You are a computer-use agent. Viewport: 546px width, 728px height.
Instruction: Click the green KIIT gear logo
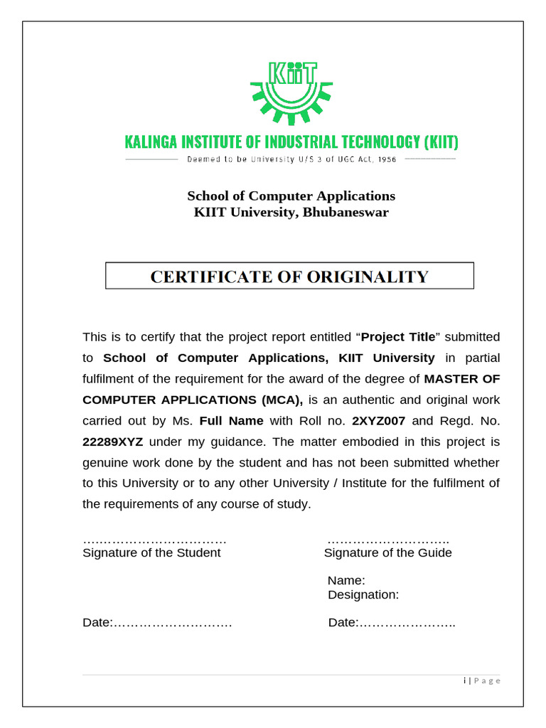(x=290, y=91)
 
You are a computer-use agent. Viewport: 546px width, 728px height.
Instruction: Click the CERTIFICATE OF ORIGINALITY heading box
(x=289, y=276)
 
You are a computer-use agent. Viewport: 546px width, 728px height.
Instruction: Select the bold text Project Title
(x=398, y=336)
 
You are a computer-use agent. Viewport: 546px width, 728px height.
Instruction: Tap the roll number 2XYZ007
(x=378, y=420)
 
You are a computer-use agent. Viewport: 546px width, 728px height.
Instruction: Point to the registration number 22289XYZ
(x=113, y=441)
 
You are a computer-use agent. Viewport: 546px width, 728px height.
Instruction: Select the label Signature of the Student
(x=151, y=552)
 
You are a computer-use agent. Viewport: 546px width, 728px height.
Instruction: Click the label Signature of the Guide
(x=387, y=552)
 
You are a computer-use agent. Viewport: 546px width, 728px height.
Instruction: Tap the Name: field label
(x=346, y=580)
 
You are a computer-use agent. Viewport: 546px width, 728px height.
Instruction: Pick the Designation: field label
(x=363, y=594)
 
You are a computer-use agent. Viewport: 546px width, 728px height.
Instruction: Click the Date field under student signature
(x=157, y=623)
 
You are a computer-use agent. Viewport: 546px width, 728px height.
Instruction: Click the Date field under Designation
(x=391, y=623)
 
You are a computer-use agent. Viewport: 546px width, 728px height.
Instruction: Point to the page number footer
(x=481, y=680)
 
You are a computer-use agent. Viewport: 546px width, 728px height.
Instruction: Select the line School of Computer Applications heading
(x=291, y=196)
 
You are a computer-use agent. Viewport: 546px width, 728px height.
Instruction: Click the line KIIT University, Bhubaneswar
(x=291, y=212)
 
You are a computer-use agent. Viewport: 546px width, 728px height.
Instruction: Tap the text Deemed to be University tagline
(x=291, y=159)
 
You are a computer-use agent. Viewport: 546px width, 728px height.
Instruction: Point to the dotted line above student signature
(x=154, y=540)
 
